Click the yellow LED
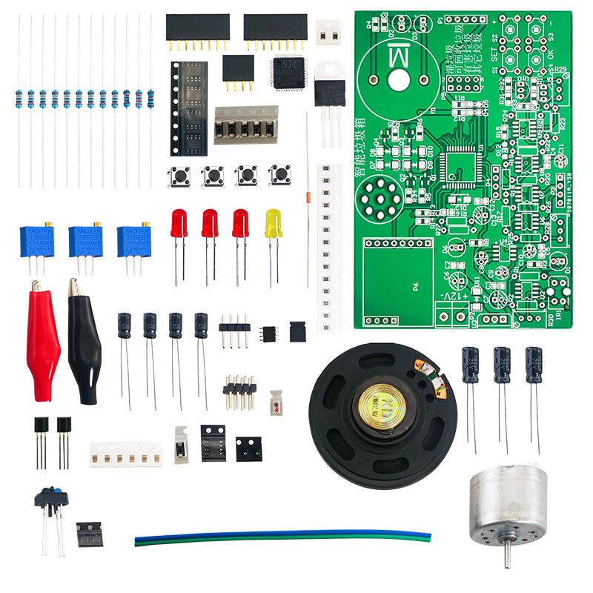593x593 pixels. pyautogui.click(x=274, y=223)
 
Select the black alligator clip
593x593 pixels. pyautogui.click(x=82, y=341)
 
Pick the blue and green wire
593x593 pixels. pyautogui.click(x=282, y=536)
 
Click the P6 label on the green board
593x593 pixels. pyautogui.click(x=416, y=285)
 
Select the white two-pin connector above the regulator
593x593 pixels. pyautogui.click(x=328, y=31)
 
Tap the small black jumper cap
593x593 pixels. pyautogui.click(x=296, y=331)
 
